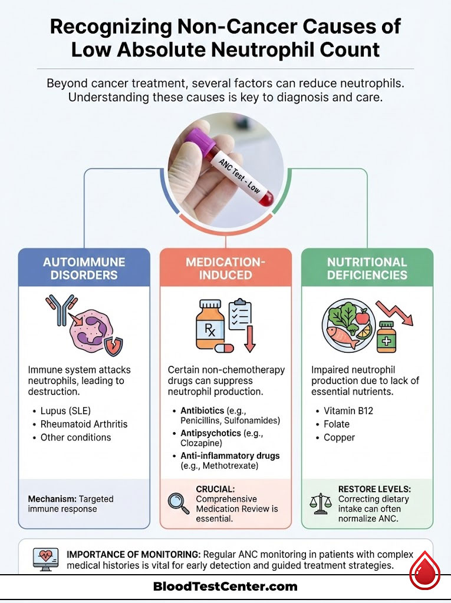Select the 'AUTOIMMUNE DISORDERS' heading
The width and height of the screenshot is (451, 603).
(x=84, y=268)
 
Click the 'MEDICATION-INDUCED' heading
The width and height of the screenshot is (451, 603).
(x=225, y=268)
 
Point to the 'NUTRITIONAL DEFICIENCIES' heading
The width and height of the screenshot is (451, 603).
(x=367, y=268)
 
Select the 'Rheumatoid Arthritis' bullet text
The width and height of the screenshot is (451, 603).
(x=84, y=424)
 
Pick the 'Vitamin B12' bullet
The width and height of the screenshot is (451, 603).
(x=350, y=410)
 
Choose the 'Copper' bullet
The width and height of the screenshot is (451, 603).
(x=340, y=438)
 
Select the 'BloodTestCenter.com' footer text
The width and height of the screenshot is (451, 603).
(x=225, y=586)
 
